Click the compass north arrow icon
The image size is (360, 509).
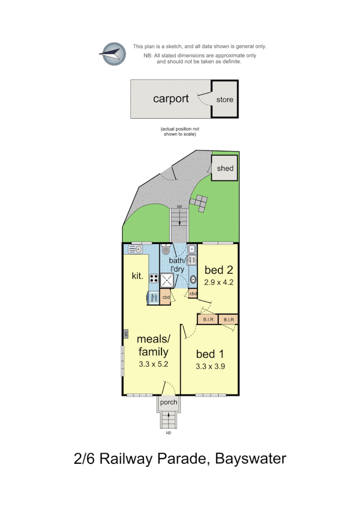[112, 53]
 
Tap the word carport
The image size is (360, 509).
[171, 99]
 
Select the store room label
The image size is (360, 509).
[224, 100]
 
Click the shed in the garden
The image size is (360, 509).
[225, 168]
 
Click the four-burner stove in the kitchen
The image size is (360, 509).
[154, 279]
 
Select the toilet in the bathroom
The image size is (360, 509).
[166, 250]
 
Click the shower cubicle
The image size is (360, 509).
[168, 280]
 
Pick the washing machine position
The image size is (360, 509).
[191, 260]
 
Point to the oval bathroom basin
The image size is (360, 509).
[192, 279]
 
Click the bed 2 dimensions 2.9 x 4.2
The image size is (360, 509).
[219, 282]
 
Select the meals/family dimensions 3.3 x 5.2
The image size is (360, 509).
[153, 364]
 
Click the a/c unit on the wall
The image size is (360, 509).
[125, 334]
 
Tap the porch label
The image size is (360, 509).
[169, 402]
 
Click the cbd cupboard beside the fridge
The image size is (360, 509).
[166, 297]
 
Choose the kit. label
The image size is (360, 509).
[138, 276]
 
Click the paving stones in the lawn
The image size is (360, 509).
[199, 203]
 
